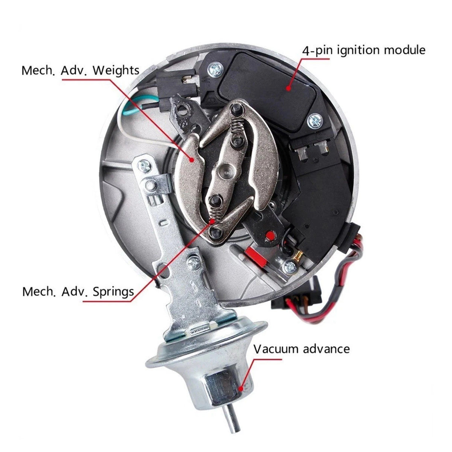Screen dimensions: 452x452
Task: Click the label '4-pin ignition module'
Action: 363,50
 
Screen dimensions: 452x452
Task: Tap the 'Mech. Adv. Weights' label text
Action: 81,70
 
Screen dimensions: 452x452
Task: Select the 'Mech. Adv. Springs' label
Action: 78,292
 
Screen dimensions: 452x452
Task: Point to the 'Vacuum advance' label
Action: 301,349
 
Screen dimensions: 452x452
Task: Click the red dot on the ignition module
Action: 288,88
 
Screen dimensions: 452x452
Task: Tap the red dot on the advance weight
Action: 192,160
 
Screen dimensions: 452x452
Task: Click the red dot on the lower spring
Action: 212,221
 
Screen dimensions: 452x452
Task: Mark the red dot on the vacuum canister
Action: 241,389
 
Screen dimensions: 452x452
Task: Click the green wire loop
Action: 131,101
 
